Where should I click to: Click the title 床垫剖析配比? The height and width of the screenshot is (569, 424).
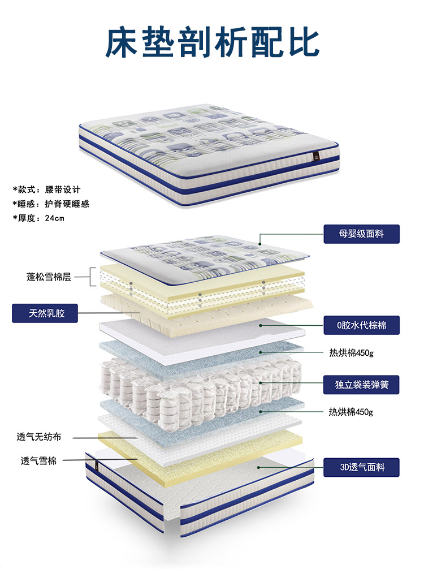tap(212, 41)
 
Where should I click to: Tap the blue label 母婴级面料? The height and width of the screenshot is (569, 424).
tap(361, 234)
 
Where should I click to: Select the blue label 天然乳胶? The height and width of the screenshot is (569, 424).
tap(45, 313)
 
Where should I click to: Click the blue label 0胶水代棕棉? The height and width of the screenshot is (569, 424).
tap(361, 325)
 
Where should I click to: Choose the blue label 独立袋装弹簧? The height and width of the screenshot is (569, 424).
tap(361, 385)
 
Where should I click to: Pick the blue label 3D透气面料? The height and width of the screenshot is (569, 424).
tap(361, 467)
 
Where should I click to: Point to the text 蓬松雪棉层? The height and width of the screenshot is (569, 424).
tap(49, 277)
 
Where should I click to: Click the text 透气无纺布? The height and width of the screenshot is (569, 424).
tap(39, 437)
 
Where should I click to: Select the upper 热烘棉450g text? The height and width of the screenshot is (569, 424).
tap(351, 353)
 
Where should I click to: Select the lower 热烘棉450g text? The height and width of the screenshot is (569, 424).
tap(351, 411)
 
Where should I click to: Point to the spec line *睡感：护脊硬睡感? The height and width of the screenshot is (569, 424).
tap(51, 204)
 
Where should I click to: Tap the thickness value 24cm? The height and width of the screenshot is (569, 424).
tap(55, 218)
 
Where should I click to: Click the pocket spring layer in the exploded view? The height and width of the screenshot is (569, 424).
tap(198, 385)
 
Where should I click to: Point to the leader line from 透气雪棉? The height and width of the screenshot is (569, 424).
tap(96, 460)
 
